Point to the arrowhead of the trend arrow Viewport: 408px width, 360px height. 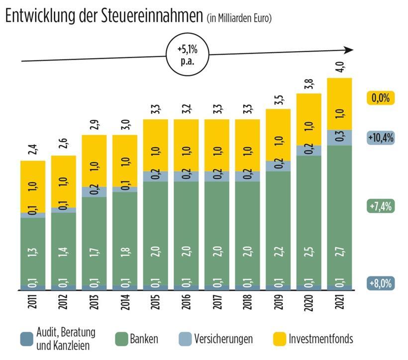click(349, 50)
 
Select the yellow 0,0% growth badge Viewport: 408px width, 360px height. click(380, 98)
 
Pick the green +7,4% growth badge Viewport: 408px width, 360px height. click(380, 205)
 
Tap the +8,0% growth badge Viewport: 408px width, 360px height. click(380, 284)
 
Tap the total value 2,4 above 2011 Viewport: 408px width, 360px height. click(33, 149)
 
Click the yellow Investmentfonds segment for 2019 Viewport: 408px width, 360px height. click(279, 135)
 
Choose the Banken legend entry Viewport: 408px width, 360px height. click(142, 339)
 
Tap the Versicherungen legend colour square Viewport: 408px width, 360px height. click(185, 339)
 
